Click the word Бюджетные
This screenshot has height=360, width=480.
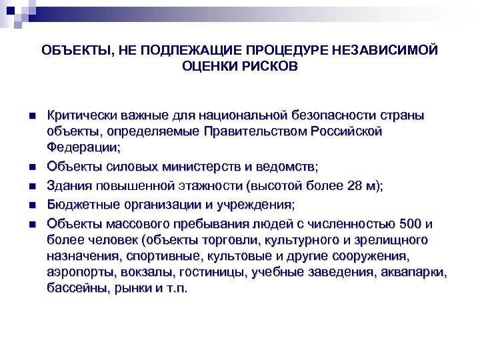pyautogui.click(x=81, y=204)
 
